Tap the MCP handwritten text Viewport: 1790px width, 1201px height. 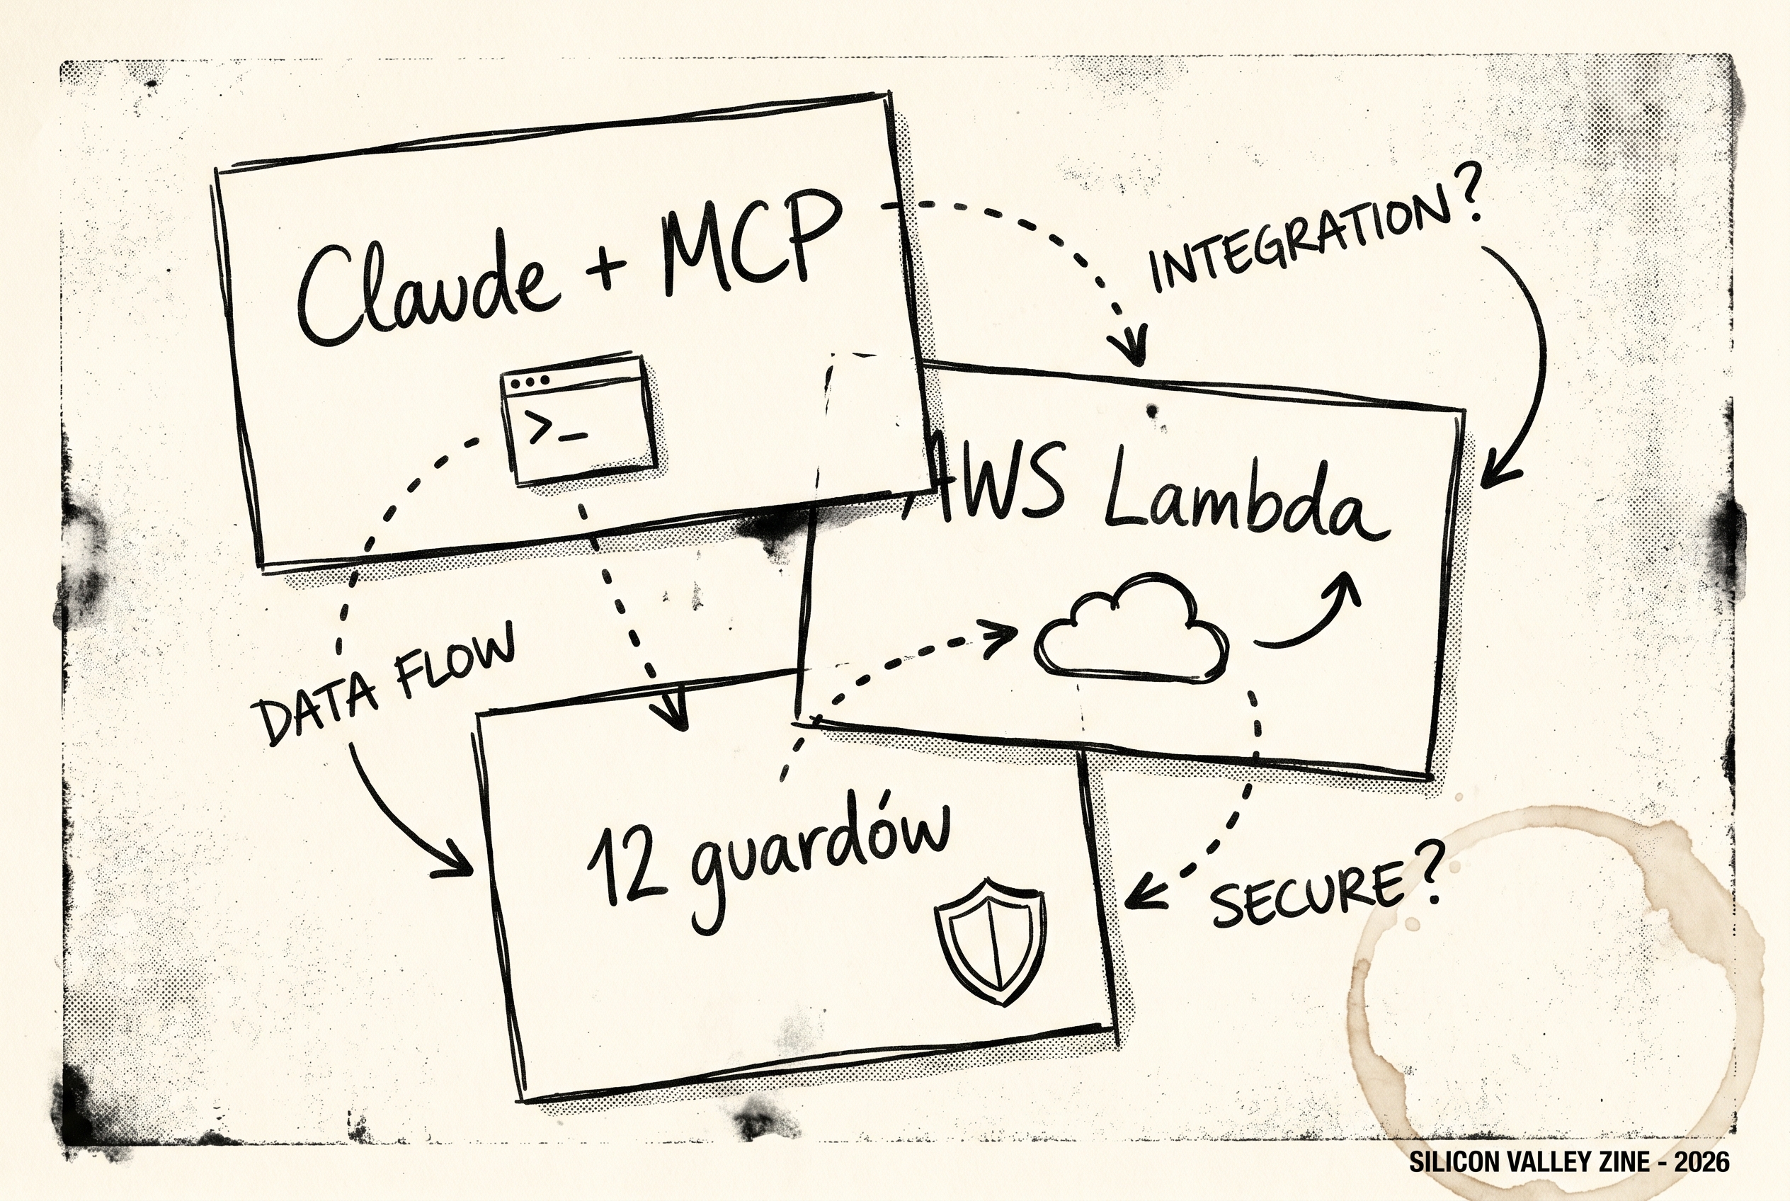tap(751, 241)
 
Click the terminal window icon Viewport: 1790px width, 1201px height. tap(578, 419)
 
